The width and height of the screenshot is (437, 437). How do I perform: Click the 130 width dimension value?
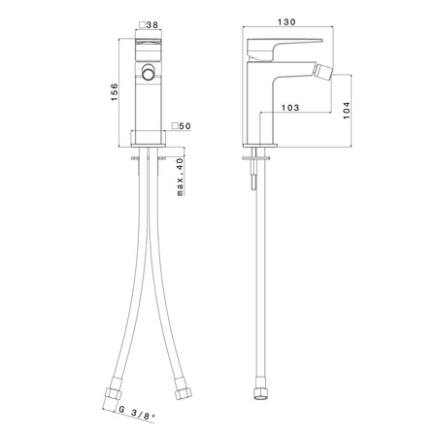pyautogui.click(x=286, y=22)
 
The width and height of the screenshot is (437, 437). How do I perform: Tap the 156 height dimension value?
pyautogui.click(x=115, y=92)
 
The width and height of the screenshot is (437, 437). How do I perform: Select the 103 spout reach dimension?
pyautogui.click(x=290, y=108)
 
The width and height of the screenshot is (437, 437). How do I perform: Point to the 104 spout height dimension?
pyautogui.click(x=347, y=111)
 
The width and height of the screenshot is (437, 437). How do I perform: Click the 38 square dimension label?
pyautogui.click(x=149, y=25)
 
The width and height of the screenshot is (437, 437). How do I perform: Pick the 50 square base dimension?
pyautogui.click(x=182, y=126)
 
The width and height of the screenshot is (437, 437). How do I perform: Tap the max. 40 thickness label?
pyautogui.click(x=181, y=177)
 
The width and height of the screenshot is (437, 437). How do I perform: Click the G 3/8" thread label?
pyautogui.click(x=136, y=414)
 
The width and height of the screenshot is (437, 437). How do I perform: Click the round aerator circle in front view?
pyautogui.click(x=149, y=72)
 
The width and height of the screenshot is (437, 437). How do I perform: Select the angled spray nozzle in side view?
pyautogui.click(x=324, y=71)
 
